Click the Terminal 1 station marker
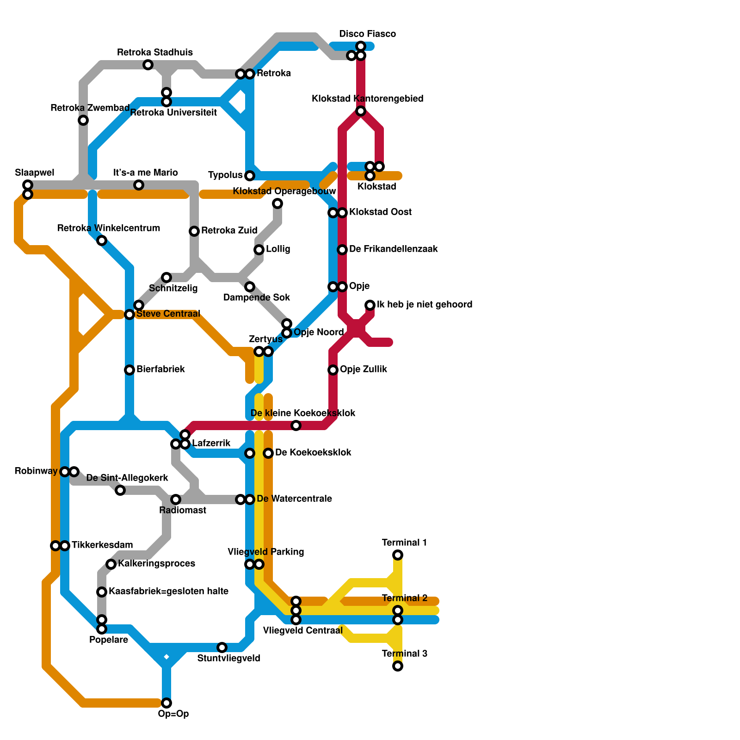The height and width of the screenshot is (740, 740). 398,555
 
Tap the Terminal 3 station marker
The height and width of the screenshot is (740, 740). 398,666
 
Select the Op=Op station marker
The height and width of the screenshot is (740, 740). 166,703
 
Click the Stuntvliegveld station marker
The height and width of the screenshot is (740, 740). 222,647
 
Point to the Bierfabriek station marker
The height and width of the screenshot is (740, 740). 129,370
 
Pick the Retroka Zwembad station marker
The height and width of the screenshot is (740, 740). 83,120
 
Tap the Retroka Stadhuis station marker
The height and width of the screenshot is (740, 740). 148,65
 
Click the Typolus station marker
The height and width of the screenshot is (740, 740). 250,176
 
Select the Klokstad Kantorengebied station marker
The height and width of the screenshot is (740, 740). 361,111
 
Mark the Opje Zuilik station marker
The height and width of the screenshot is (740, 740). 333,370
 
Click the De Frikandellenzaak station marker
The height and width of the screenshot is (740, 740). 342,250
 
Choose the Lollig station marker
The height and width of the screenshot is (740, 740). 259,250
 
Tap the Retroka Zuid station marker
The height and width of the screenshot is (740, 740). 194,231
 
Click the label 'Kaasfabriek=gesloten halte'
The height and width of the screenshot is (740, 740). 168,591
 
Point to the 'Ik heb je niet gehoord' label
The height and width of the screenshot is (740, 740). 424,304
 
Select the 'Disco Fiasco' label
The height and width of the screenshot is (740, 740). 367,34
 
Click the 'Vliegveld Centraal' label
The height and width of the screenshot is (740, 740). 302,630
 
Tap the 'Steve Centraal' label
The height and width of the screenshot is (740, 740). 168,314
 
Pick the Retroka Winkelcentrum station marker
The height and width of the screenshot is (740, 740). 102,240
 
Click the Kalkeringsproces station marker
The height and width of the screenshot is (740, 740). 111,564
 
